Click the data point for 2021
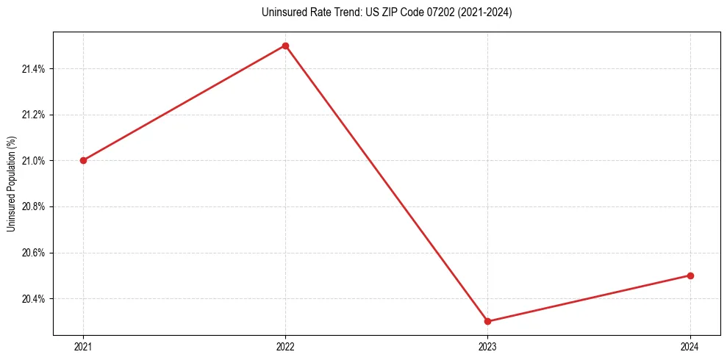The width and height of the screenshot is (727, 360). pos(83,160)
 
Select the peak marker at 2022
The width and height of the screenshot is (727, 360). pos(285,46)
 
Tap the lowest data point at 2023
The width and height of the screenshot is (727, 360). pos(488,321)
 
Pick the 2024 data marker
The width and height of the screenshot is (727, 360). pos(690,276)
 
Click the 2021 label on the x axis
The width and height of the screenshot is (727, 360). pos(83,346)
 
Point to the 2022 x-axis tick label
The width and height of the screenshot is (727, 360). pos(285,346)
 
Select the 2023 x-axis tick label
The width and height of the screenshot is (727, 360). pos(488,346)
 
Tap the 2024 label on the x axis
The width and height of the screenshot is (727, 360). pos(690,346)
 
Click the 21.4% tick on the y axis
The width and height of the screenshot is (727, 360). pos(33,69)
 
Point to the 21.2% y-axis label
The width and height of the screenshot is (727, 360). pos(33,115)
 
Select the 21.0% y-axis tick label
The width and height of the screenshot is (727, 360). pos(33,161)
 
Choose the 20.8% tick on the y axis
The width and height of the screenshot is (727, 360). pos(33,206)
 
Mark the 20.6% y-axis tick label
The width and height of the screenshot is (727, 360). pos(33,253)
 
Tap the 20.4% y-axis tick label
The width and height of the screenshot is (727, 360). pos(33,299)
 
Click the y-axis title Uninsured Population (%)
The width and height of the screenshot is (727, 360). pos(11,184)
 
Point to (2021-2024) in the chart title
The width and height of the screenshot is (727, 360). pos(482,12)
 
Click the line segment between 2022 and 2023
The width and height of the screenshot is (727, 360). pos(387,184)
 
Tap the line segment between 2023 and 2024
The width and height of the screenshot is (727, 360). pos(589,298)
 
